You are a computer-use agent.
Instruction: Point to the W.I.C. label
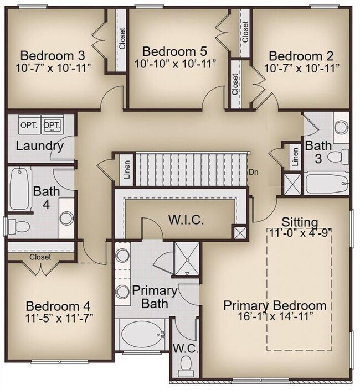(x=186, y=220)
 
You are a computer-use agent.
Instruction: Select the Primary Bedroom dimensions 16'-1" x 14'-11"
(x=275, y=316)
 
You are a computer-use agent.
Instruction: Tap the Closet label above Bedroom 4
(x=40, y=257)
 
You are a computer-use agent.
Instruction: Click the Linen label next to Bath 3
(x=295, y=158)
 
